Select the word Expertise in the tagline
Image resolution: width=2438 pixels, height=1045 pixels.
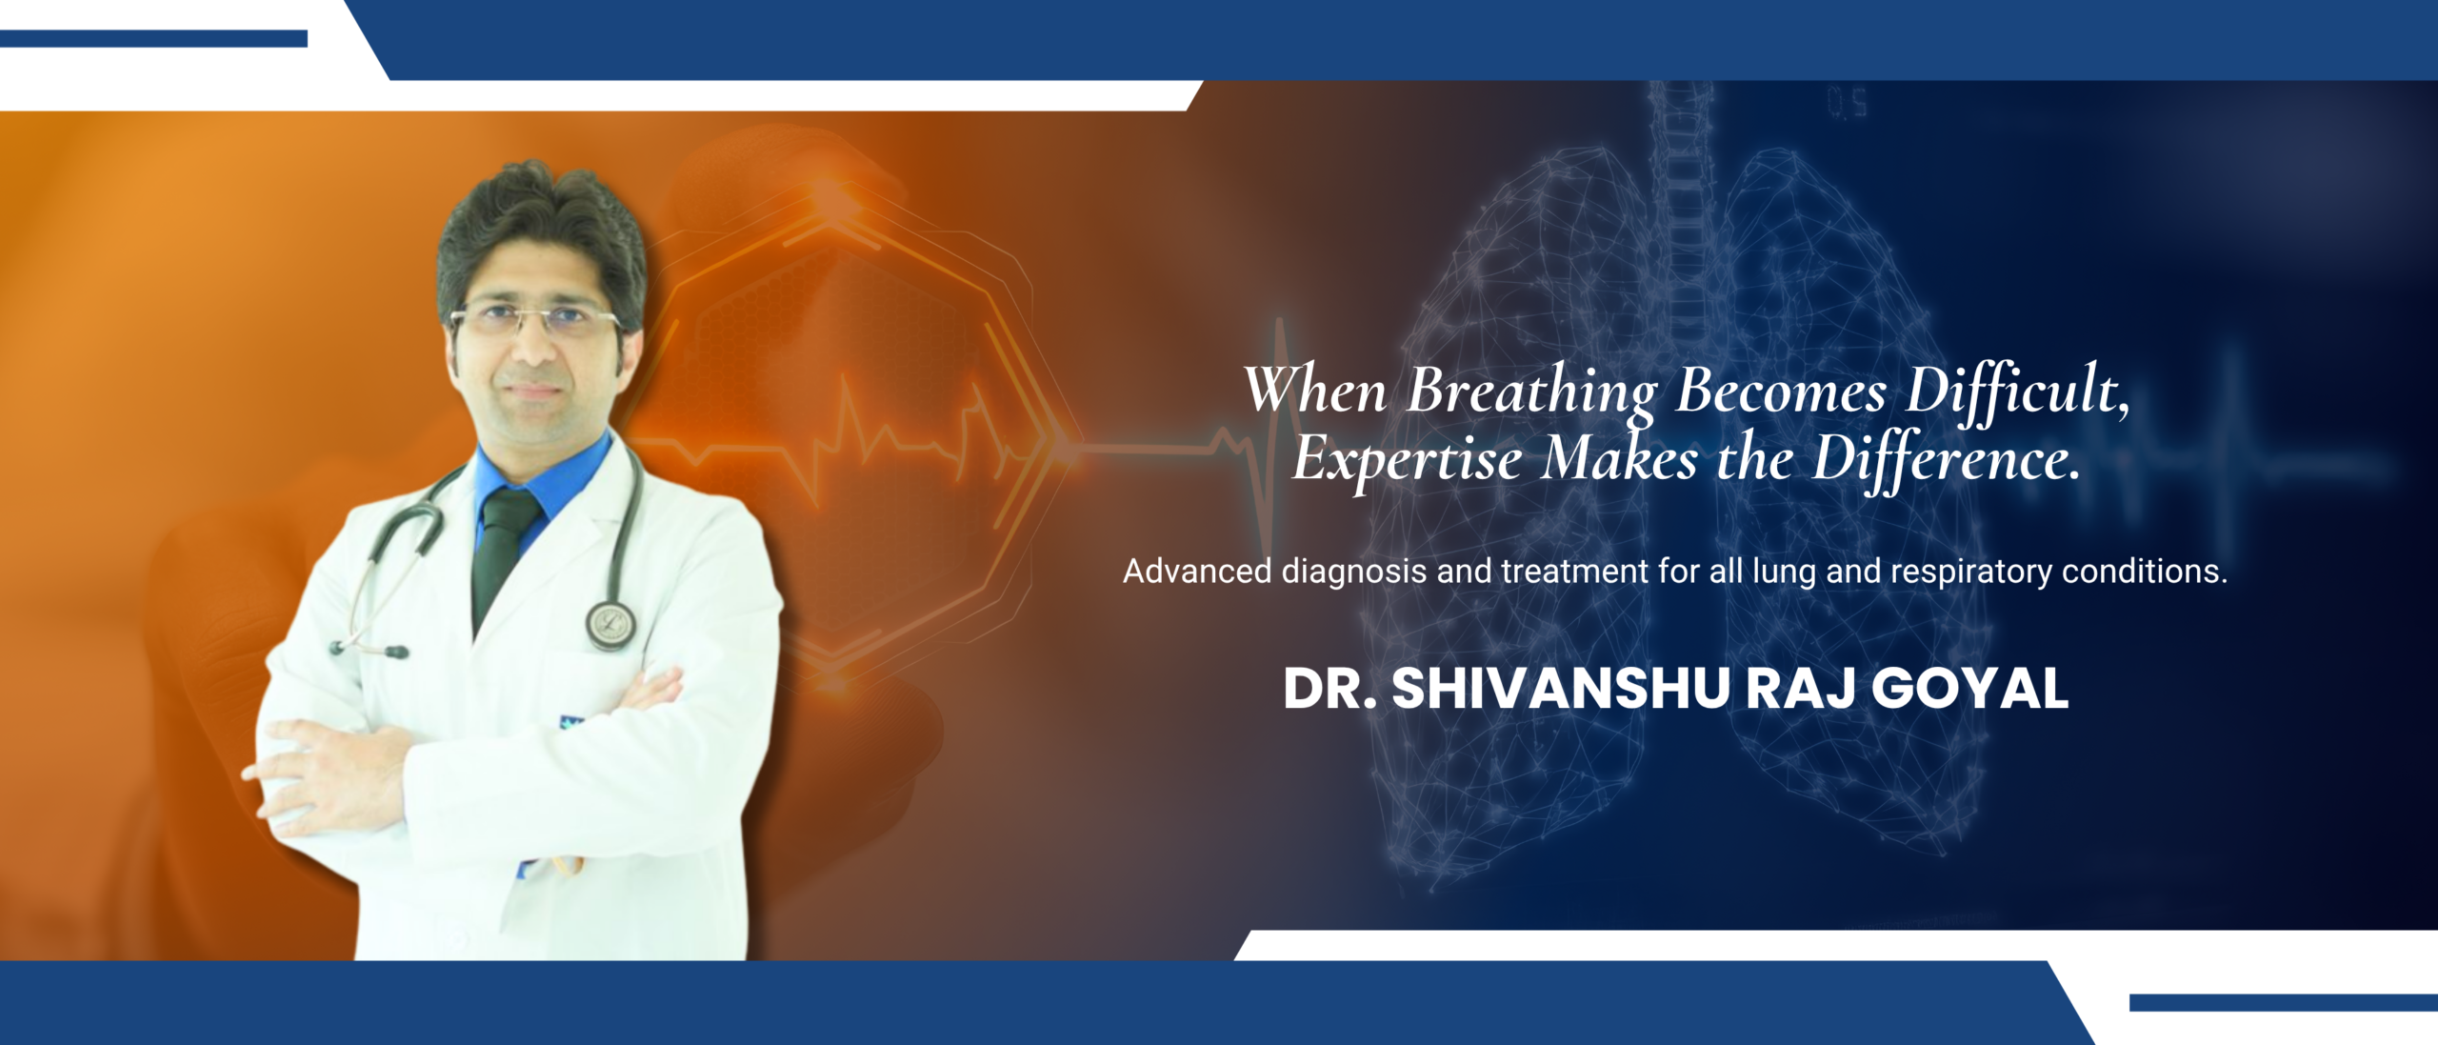(1407, 460)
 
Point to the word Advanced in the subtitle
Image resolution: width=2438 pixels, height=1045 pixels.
(1197, 572)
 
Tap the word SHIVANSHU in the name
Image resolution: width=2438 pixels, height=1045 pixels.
(1560, 689)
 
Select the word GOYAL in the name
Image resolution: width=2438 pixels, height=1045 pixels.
(1970, 689)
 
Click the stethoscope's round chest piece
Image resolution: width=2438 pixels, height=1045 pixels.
(610, 625)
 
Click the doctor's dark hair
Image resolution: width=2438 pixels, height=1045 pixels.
(541, 229)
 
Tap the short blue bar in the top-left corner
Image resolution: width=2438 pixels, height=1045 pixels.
(153, 38)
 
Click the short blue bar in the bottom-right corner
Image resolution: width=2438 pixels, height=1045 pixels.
(2284, 1002)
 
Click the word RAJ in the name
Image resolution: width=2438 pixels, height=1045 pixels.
(1799, 689)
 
